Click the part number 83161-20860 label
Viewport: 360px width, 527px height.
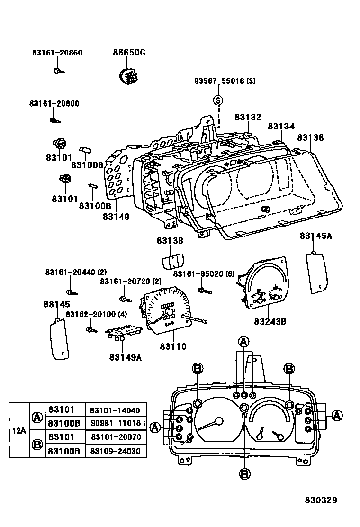57,53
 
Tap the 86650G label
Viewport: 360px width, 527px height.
129,53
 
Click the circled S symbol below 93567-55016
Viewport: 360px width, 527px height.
218,100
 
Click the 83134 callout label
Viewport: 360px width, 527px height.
281,127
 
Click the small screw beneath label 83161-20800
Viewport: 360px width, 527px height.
55,120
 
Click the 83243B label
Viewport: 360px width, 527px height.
270,321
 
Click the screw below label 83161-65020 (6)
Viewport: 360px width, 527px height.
202,290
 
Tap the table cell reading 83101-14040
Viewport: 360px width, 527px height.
115,410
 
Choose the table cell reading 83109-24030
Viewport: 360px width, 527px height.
115,451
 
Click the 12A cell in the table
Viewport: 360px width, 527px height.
19,430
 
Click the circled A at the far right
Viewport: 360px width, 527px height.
337,416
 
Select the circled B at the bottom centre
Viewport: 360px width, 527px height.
244,473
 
